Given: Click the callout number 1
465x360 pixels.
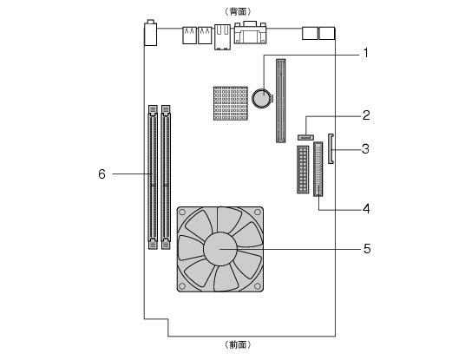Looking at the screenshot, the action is coord(366,53).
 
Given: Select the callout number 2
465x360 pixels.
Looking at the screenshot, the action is coord(366,115).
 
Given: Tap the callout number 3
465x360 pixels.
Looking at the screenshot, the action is coord(365,148).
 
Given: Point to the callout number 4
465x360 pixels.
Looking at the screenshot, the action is coord(367,209).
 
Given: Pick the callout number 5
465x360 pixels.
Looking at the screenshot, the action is coord(367,248).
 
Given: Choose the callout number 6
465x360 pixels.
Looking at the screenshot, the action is coord(102,174).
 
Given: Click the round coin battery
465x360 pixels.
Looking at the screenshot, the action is coord(262,98).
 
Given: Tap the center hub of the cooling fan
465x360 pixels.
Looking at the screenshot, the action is coord(220,249).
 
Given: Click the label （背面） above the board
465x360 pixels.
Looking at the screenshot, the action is coord(238,11).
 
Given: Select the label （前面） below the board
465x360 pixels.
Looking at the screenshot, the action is coord(238,344).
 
